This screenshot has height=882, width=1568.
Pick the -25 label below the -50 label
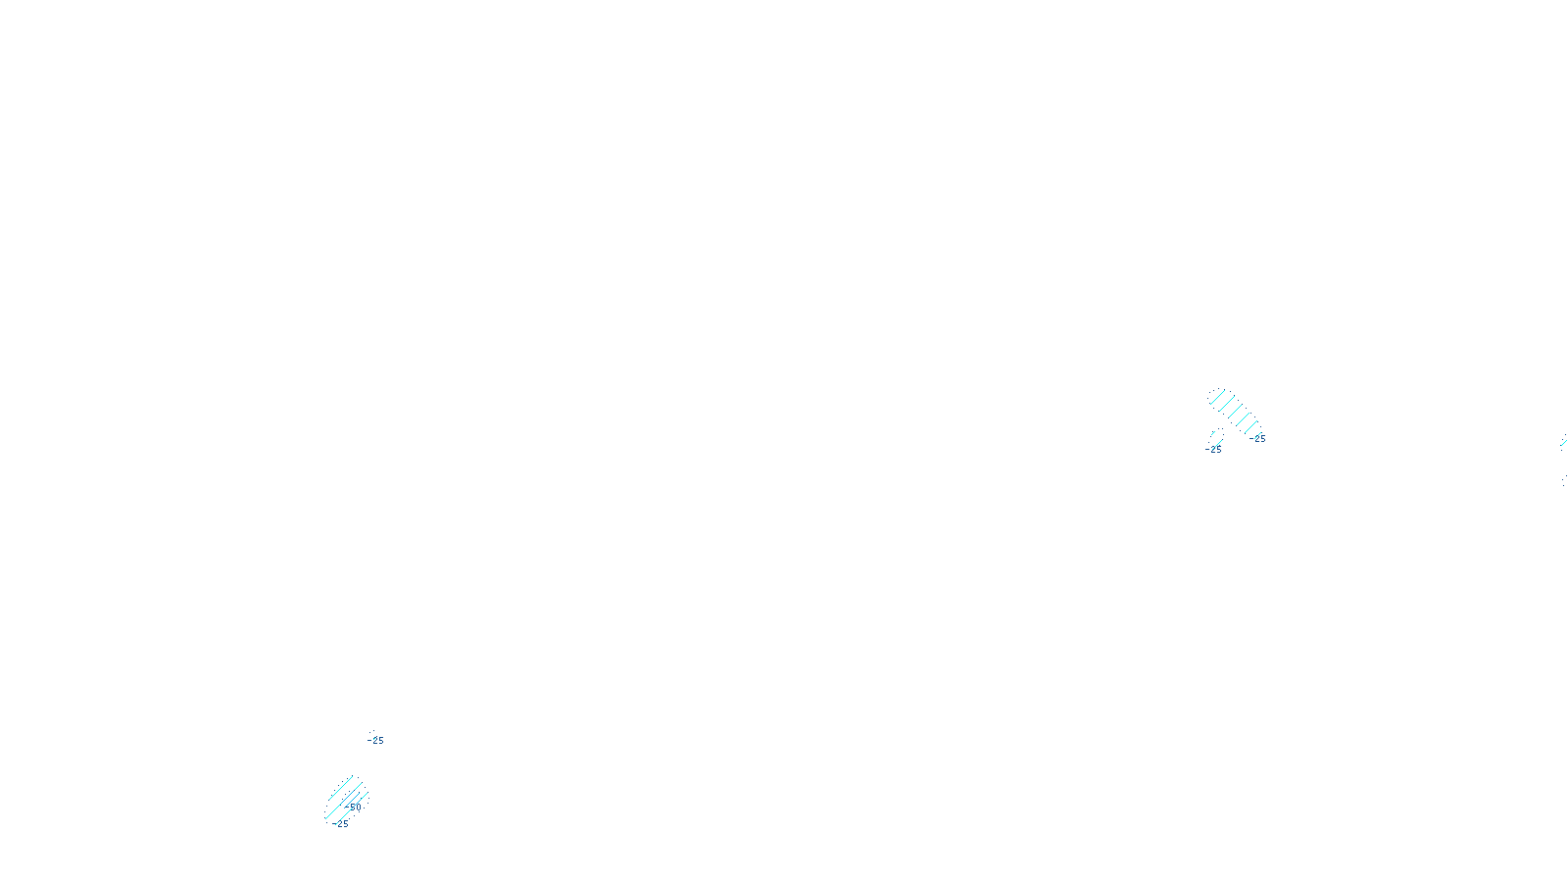341,824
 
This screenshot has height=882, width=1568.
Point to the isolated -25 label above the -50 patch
376,741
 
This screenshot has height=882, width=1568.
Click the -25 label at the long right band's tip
1259,439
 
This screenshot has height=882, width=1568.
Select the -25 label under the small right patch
1214,450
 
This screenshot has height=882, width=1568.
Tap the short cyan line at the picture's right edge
1564,443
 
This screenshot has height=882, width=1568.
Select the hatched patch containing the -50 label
346,798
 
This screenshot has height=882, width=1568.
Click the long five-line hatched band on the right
1235,412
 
